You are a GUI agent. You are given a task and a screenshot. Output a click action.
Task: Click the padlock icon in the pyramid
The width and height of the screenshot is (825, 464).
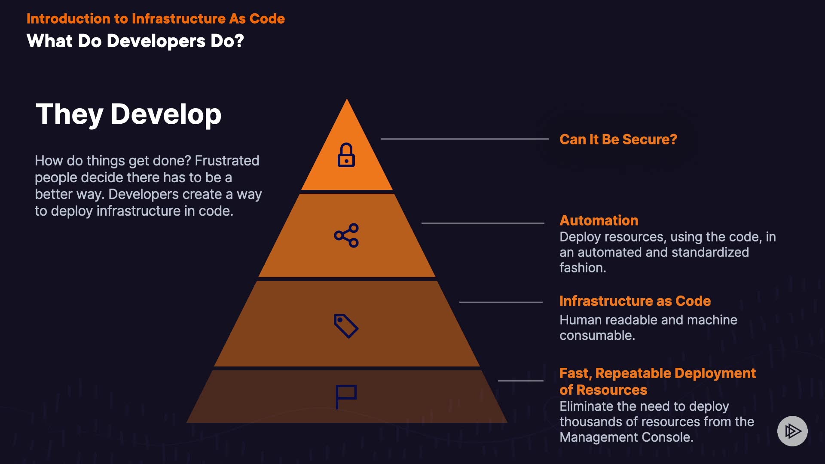[346, 155]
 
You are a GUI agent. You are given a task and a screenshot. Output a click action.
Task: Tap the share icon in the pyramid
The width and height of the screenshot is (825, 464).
[346, 235]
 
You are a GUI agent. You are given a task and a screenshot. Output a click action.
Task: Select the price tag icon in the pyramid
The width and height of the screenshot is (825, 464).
[346, 326]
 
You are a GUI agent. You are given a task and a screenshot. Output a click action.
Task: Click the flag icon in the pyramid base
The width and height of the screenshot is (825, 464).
[346, 396]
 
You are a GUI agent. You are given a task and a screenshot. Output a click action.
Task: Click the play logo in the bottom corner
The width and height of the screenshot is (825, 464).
[792, 431]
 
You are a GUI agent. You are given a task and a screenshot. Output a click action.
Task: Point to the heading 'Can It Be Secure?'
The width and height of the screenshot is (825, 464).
[618, 140]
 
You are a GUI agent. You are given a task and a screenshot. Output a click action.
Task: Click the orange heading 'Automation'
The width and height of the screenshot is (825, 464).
[599, 220]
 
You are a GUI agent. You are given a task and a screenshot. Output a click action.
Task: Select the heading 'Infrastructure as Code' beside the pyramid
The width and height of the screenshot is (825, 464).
[635, 301]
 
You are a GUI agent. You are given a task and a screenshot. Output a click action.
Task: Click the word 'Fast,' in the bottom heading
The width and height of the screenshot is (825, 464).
[576, 373]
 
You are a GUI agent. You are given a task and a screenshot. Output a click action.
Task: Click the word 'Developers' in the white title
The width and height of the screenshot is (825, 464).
[156, 41]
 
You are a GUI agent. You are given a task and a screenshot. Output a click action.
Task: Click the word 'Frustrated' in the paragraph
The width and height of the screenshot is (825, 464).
[227, 161]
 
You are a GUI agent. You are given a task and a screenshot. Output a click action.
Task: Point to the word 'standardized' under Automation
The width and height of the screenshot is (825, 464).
[710, 252]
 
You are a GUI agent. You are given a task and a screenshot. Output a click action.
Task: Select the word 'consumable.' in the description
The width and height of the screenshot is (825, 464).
[597, 336]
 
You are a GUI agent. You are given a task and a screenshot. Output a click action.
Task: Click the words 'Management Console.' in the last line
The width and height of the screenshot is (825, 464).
[626, 437]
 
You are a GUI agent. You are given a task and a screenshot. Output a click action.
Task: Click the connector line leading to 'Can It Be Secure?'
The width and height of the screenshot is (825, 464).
[464, 139]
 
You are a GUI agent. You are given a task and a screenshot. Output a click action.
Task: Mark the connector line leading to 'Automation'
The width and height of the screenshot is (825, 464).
[483, 223]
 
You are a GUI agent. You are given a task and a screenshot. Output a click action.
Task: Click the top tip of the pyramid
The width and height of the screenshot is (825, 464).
[347, 101]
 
